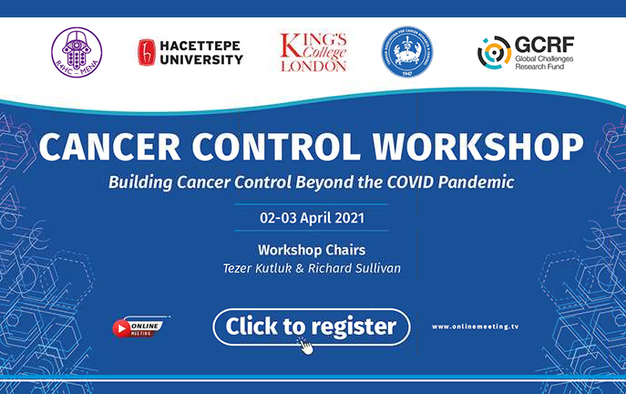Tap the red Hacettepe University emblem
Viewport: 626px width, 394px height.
pos(146,52)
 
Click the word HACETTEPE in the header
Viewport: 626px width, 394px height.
pos(201,44)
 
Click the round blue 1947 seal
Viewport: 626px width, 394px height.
pos(406,51)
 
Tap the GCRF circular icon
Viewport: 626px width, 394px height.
pos(493,52)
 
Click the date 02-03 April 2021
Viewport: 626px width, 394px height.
pos(312,219)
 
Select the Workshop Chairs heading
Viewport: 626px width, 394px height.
pos(312,249)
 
